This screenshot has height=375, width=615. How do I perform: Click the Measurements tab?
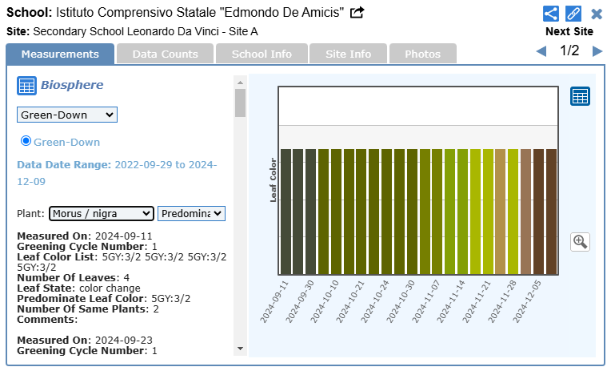60,54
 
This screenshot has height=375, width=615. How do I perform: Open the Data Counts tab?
165,54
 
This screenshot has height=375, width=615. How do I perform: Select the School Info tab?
262,54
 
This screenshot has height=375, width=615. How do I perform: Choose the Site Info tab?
348,54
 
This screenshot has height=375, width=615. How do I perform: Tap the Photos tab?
422,54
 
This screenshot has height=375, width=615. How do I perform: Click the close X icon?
597,14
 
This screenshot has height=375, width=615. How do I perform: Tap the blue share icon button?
550,14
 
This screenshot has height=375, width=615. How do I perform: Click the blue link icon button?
573,14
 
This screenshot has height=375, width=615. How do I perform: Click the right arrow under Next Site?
597,51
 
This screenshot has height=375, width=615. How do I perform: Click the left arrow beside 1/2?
541,51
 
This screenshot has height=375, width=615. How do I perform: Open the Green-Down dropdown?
67,115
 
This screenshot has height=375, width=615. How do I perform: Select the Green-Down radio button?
26,141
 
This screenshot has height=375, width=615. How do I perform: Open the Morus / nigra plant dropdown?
101,213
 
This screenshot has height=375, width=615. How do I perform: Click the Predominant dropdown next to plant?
192,213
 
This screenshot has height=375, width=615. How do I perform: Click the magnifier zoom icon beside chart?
581,241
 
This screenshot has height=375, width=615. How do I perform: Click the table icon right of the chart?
580,96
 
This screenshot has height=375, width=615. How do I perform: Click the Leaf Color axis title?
273,179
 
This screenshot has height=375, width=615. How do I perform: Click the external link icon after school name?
357,12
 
